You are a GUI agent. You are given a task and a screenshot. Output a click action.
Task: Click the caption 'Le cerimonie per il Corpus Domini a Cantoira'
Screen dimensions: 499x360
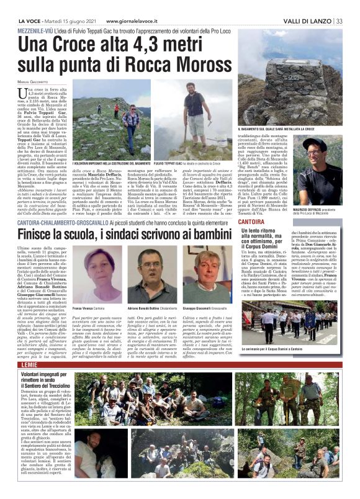(x=294, y=351)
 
